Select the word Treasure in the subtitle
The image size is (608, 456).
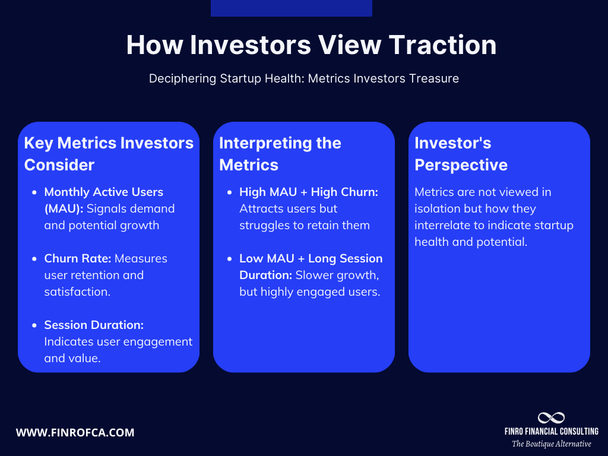pyautogui.click(x=433, y=78)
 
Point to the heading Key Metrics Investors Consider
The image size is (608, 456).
pyautogui.click(x=109, y=154)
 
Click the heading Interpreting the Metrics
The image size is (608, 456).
pyautogui.click(x=280, y=154)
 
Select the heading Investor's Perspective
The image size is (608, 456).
pyautogui.click(x=461, y=154)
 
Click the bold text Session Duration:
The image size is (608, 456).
pyautogui.click(x=94, y=325)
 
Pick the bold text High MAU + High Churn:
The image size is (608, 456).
pyautogui.click(x=309, y=192)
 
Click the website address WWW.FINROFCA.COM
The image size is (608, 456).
pyautogui.click(x=75, y=433)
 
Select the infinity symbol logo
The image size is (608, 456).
pyautogui.click(x=551, y=417)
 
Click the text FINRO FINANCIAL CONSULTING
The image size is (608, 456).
pyautogui.click(x=551, y=432)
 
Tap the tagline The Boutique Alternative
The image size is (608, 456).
pyautogui.click(x=551, y=444)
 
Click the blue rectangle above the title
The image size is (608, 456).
pyautogui.click(x=291, y=8)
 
